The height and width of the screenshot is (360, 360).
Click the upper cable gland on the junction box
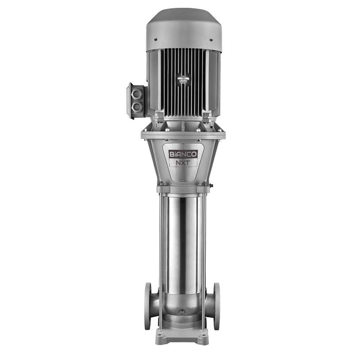(138, 95)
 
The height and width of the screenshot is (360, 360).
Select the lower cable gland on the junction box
(138, 107)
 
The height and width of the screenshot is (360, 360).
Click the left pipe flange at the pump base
(148, 305)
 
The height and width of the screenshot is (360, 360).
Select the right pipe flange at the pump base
(217, 305)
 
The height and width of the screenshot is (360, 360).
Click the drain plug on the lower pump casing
(181, 312)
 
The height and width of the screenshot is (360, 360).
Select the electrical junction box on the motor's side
(137, 101)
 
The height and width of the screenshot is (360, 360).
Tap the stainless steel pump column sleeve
(183, 242)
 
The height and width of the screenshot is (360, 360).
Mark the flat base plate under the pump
(183, 337)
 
